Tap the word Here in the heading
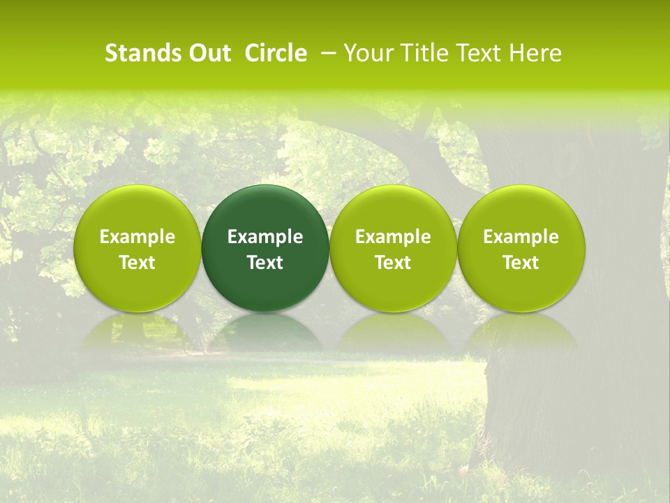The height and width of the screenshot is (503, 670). (x=536, y=53)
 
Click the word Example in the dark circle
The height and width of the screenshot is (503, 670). (x=265, y=237)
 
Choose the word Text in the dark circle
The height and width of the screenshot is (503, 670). (x=265, y=263)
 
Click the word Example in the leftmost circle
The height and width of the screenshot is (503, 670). (x=137, y=237)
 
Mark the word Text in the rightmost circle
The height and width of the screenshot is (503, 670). (x=521, y=263)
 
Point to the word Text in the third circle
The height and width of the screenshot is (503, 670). (x=393, y=263)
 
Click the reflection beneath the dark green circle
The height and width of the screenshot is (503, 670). (x=265, y=333)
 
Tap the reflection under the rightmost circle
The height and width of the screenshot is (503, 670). (x=521, y=333)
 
